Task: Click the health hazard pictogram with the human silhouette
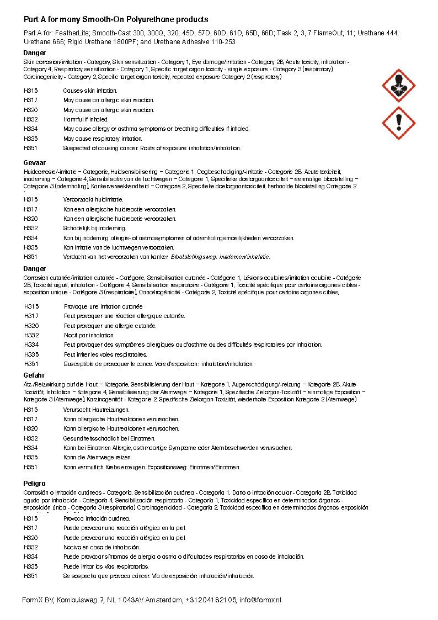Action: [x=399, y=86]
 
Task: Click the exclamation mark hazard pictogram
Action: [x=399, y=123]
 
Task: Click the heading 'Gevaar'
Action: [x=34, y=164]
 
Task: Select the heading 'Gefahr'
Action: [x=34, y=375]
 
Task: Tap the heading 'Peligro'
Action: [x=35, y=484]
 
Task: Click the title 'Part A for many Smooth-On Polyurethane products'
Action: [x=115, y=19]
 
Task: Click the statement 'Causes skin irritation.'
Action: [x=90, y=91]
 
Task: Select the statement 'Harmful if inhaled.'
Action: [x=86, y=119]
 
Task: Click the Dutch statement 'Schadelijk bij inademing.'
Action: [x=95, y=228]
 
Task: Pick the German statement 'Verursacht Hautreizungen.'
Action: [x=97, y=410]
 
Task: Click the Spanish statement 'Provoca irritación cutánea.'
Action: [x=97, y=518]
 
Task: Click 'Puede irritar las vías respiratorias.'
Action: [x=106, y=566]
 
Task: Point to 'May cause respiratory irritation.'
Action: [x=103, y=139]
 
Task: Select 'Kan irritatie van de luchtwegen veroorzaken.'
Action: [x=119, y=247]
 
